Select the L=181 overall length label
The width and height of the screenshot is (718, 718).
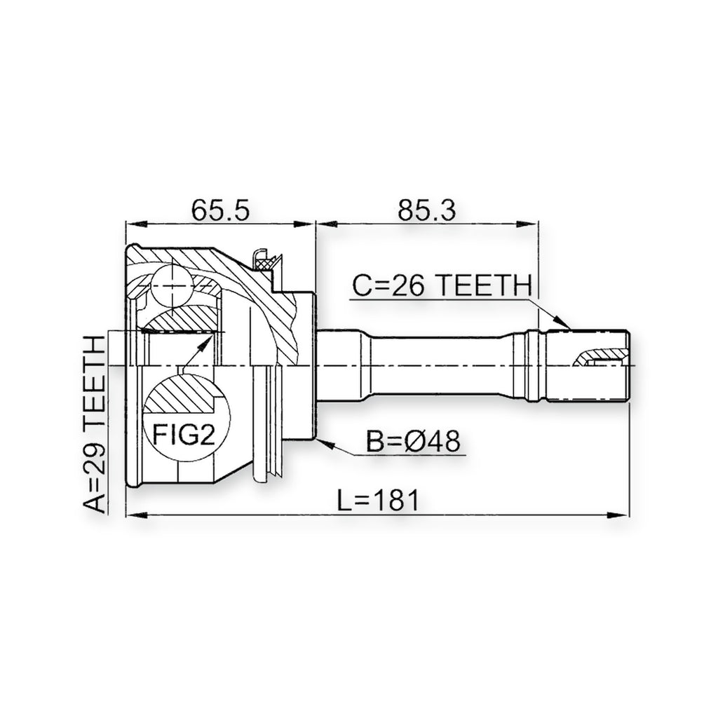378,500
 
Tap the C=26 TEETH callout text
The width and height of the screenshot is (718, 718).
442,285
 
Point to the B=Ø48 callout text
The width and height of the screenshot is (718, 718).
413,442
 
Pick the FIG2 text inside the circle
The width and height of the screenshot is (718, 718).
184,435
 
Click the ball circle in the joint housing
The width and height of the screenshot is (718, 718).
172,285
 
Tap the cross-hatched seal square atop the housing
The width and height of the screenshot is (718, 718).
264,264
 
